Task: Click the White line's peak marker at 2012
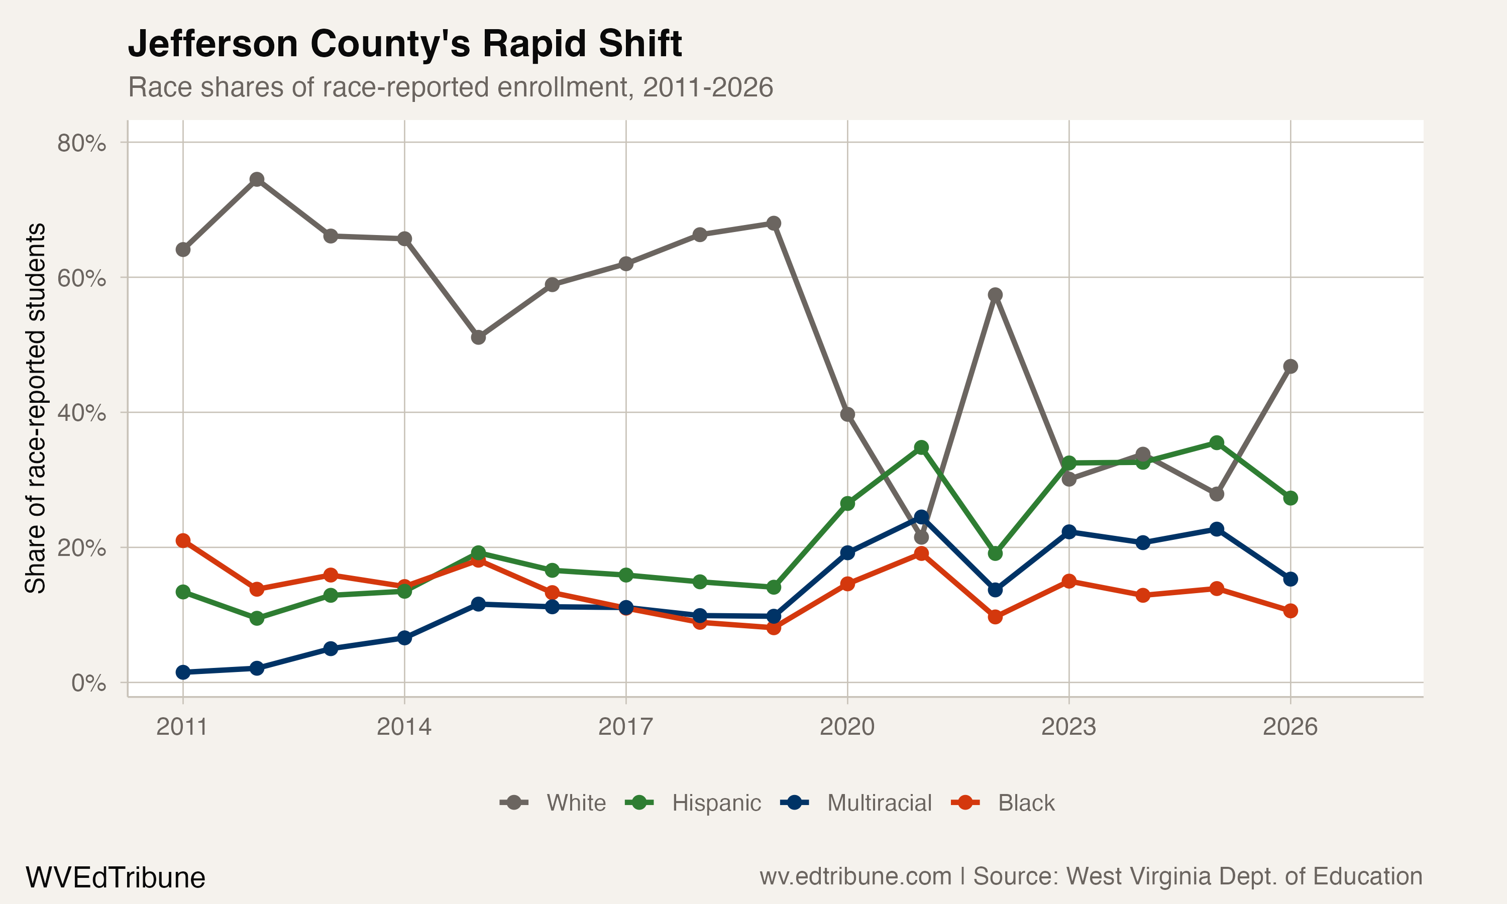[257, 179]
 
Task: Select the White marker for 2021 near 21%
[921, 537]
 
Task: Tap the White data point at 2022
[995, 295]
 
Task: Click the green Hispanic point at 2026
[1290, 498]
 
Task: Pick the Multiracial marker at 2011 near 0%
[183, 672]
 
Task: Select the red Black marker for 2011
[183, 541]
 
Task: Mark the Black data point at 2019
[774, 627]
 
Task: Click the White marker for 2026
[1290, 366]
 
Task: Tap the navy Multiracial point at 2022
[995, 590]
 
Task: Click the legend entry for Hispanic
[716, 803]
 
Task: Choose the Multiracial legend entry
[879, 803]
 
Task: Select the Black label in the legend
[1026, 803]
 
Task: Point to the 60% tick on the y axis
[81, 278]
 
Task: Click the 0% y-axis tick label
[88, 683]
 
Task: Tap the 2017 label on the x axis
[625, 727]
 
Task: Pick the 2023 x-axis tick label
[1068, 727]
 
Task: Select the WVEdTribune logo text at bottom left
[115, 878]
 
